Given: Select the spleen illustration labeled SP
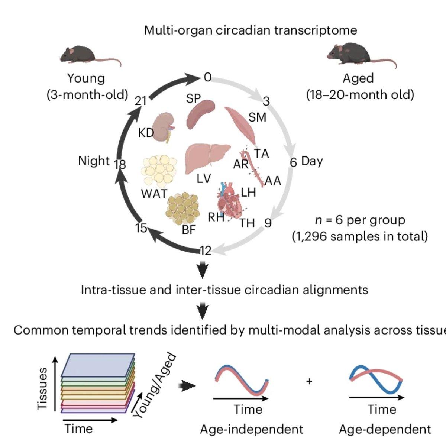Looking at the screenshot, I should [201, 113].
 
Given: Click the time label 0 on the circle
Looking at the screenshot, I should [208, 77].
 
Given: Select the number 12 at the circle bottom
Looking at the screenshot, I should [205, 251].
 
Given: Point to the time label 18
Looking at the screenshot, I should [120, 164].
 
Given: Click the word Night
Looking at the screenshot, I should [94, 161].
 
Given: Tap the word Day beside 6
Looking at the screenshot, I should [312, 161].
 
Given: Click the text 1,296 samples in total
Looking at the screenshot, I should [360, 236].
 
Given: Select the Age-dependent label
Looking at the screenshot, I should [385, 430].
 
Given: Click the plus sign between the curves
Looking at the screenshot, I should [309, 381].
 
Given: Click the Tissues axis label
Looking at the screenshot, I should [43, 388].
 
